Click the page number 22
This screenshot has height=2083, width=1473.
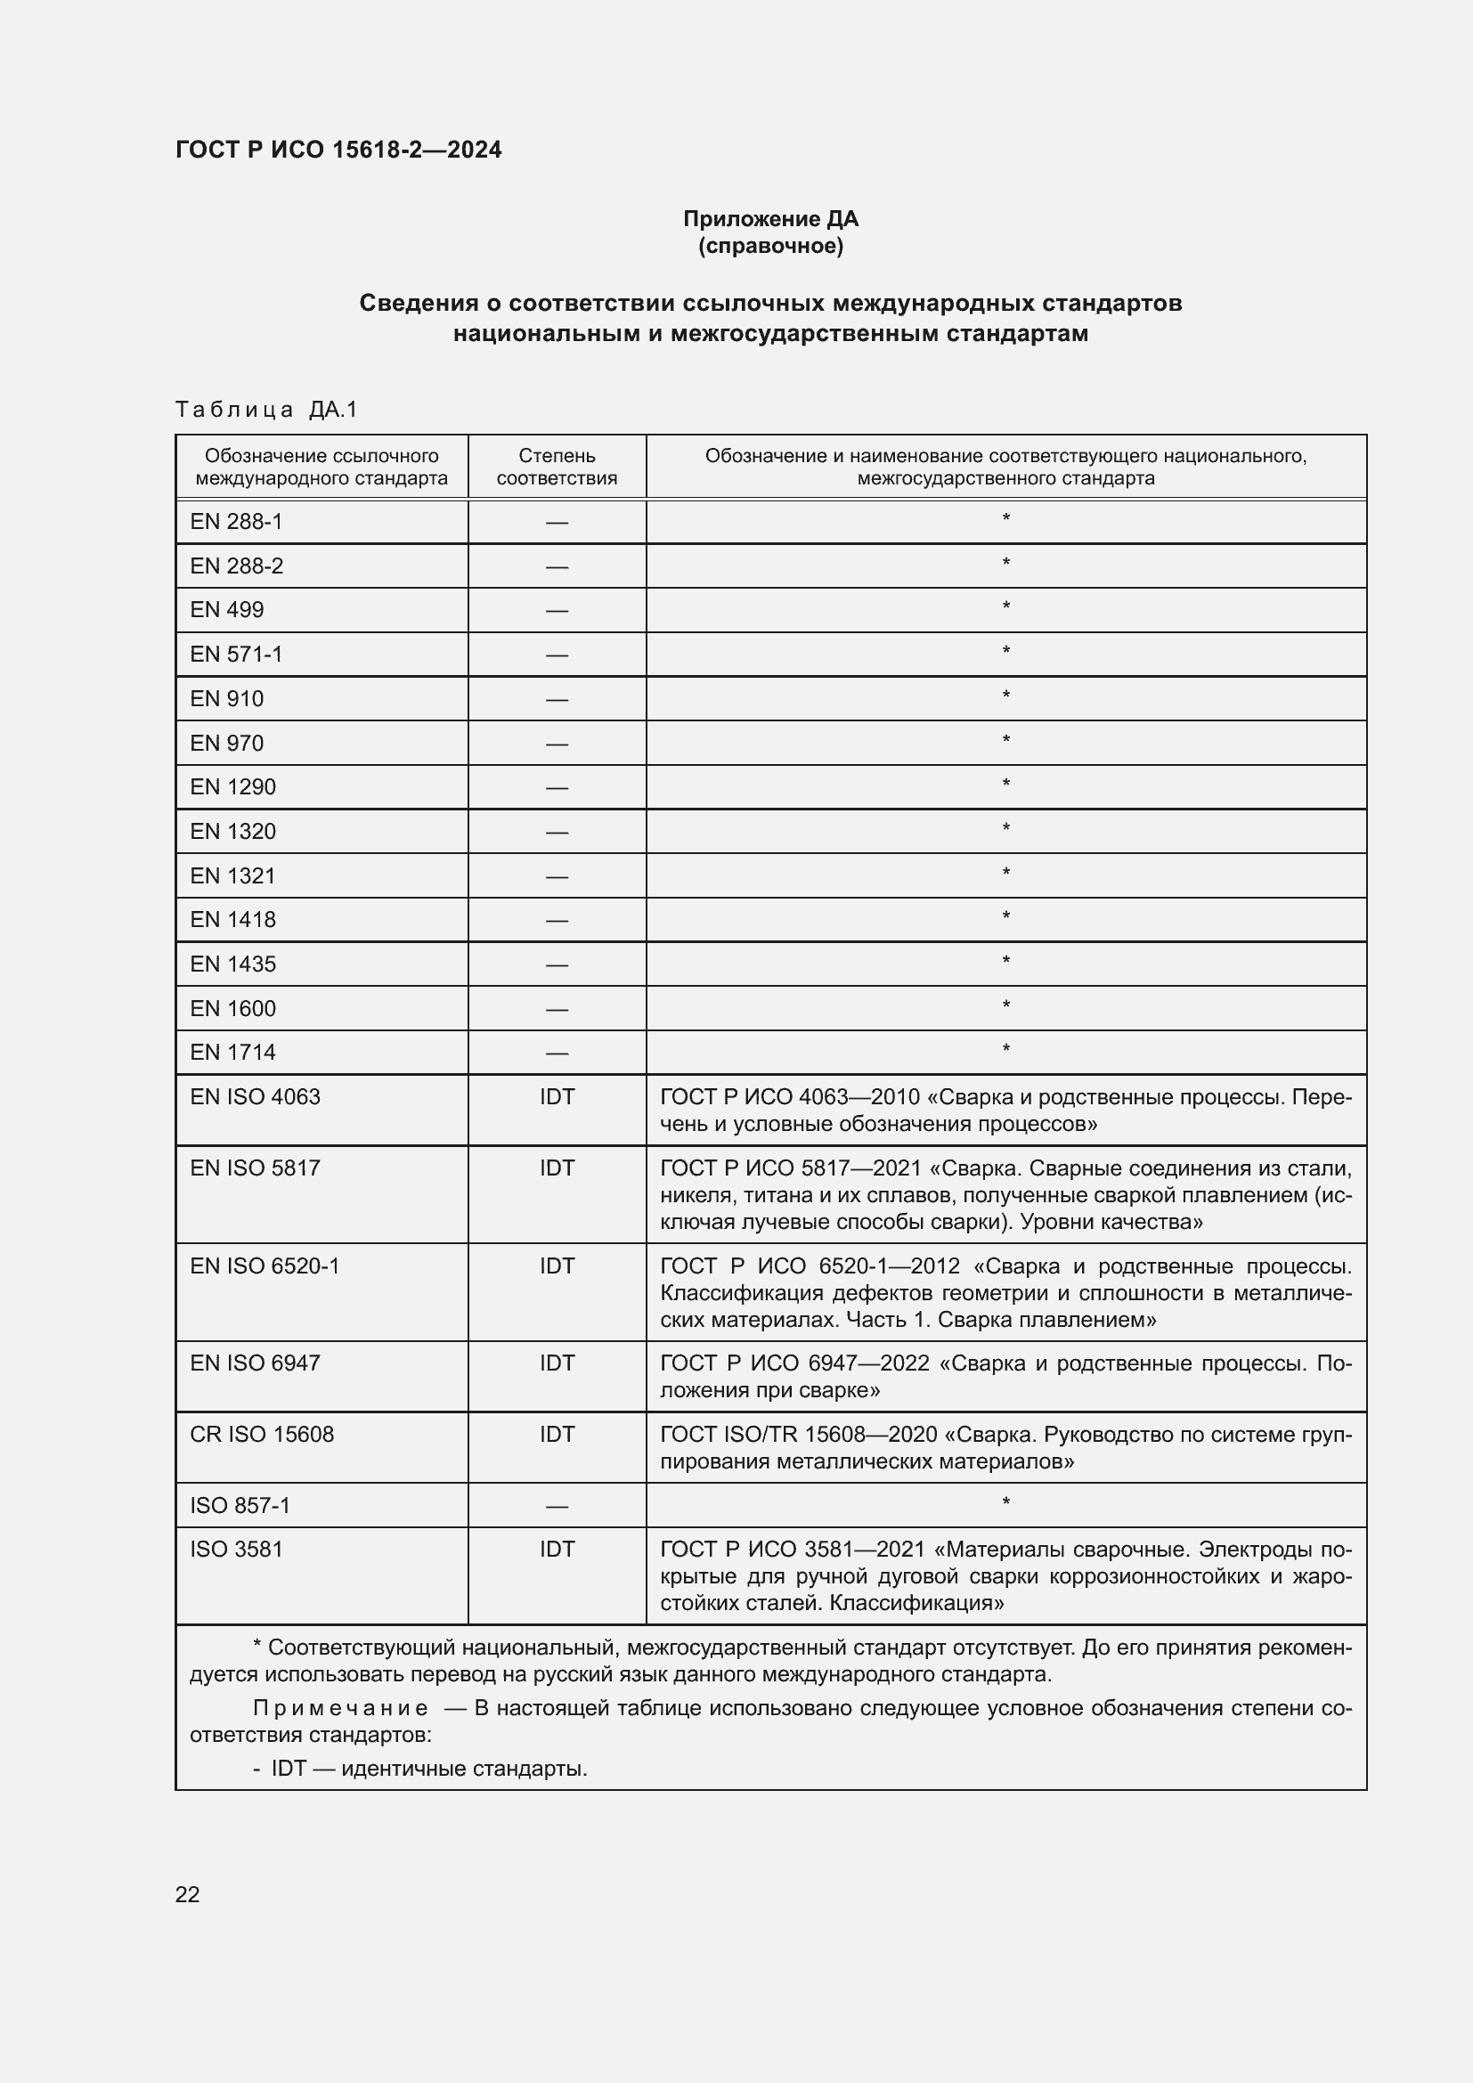[187, 1894]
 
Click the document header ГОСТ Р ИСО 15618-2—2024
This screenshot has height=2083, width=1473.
[338, 150]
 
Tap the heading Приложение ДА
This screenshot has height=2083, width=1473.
[770, 219]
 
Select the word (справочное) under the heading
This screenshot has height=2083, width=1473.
[770, 247]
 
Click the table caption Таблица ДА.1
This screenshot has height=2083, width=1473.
[266, 410]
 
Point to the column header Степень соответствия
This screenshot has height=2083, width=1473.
[557, 468]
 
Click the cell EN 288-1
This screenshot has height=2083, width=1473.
[236, 522]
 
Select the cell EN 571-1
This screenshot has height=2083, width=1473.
[236, 655]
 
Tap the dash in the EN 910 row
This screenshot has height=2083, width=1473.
[557, 699]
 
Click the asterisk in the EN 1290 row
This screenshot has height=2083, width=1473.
[1005, 785]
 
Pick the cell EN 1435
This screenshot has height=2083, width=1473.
[233, 964]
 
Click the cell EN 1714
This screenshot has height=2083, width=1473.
[233, 1053]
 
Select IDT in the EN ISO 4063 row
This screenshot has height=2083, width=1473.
[557, 1097]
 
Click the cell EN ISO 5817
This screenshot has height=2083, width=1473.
[255, 1168]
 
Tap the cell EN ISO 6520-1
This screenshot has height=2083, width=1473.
[264, 1266]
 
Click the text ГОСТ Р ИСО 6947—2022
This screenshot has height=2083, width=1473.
[794, 1363]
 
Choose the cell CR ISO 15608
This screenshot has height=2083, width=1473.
[262, 1435]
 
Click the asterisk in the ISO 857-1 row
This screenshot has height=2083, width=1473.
[1005, 1503]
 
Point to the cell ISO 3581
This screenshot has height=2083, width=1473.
[236, 1550]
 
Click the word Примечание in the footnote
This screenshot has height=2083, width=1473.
[340, 1708]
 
